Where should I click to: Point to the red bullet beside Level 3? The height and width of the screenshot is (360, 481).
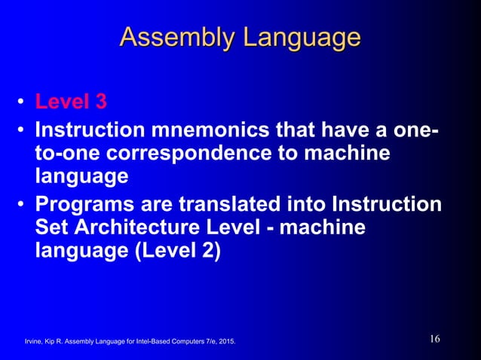pyautogui.click(x=23, y=104)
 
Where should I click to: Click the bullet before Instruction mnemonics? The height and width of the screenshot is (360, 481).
pyautogui.click(x=23, y=133)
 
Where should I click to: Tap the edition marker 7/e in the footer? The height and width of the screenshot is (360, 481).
pyautogui.click(x=207, y=342)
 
